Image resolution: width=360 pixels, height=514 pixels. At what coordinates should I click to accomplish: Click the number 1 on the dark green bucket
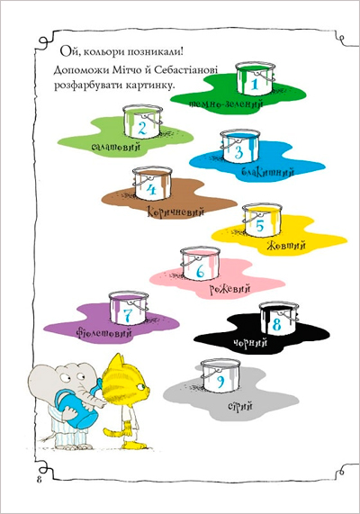point(255,84)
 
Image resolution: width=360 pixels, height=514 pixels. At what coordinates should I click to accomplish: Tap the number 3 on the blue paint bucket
point(238,153)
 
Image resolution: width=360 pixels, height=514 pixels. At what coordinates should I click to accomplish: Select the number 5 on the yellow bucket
point(260,226)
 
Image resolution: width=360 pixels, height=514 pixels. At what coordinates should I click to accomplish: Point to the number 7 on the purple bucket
point(127,314)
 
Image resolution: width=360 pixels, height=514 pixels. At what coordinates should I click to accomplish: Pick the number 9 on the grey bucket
point(220,382)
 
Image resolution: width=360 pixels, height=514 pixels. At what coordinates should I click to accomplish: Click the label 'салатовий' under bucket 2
point(116,146)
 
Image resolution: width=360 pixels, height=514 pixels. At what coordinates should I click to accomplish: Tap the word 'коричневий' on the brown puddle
point(175,212)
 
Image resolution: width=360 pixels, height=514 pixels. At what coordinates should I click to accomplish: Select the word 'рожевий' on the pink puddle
point(229,289)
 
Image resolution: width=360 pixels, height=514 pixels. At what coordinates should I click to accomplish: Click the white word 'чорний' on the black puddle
point(250,343)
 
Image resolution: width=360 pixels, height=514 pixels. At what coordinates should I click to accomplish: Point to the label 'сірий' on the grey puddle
point(240,406)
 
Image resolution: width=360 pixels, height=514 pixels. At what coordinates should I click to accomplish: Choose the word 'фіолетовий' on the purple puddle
point(103,333)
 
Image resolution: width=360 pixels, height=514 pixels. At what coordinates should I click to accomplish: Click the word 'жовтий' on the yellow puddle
point(286,245)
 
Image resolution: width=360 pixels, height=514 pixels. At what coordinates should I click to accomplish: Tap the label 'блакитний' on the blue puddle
point(268,173)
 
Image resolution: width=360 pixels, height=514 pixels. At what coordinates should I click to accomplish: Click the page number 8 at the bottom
point(40,480)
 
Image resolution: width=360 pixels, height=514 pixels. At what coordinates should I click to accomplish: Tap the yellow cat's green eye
point(141,386)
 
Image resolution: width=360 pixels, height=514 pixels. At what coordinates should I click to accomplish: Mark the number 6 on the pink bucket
point(201,272)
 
